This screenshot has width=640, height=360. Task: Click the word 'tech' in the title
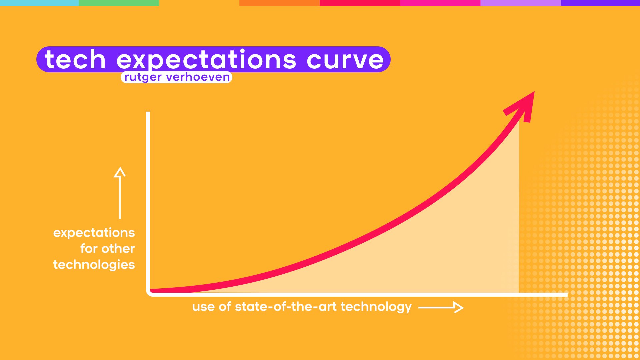(75, 60)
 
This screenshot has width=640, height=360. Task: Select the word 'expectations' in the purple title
(206, 60)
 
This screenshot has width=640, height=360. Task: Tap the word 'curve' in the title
(345, 60)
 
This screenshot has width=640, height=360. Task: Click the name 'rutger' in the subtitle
(143, 77)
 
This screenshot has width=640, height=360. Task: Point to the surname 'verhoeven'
(198, 77)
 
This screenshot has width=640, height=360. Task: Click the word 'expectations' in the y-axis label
(94, 233)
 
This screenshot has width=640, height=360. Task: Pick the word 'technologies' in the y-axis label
(94, 265)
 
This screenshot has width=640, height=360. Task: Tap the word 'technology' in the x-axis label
(376, 307)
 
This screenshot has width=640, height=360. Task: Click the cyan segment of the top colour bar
(39, 3)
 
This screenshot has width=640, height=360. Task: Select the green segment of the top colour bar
(119, 3)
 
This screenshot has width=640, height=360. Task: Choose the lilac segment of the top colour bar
(520, 3)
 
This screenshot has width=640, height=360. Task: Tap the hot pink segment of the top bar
(440, 3)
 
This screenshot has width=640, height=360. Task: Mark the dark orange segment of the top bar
(279, 3)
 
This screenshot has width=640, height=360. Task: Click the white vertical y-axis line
(148, 200)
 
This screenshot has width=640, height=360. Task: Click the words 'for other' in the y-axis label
(107, 249)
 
